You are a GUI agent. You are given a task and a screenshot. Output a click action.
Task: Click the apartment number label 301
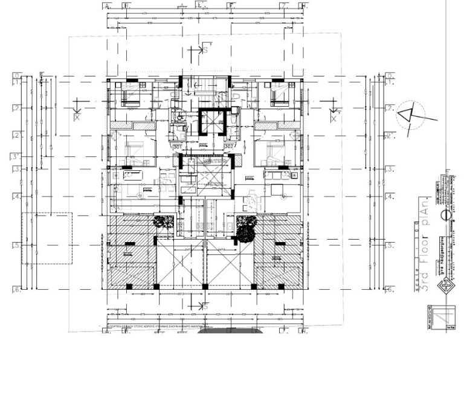tap(178, 147)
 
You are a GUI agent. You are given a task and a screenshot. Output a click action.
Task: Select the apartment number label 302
tap(229, 147)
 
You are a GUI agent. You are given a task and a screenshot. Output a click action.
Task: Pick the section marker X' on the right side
tap(334, 114)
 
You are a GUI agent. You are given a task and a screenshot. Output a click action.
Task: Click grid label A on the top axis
tap(107, 5)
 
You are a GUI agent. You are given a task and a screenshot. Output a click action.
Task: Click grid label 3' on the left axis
tap(16, 157)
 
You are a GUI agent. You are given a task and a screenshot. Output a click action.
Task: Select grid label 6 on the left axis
tap(16, 290)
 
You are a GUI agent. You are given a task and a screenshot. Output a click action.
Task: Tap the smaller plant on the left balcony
tap(161, 222)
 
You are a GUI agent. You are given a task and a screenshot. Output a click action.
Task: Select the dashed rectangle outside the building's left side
tap(47, 238)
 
